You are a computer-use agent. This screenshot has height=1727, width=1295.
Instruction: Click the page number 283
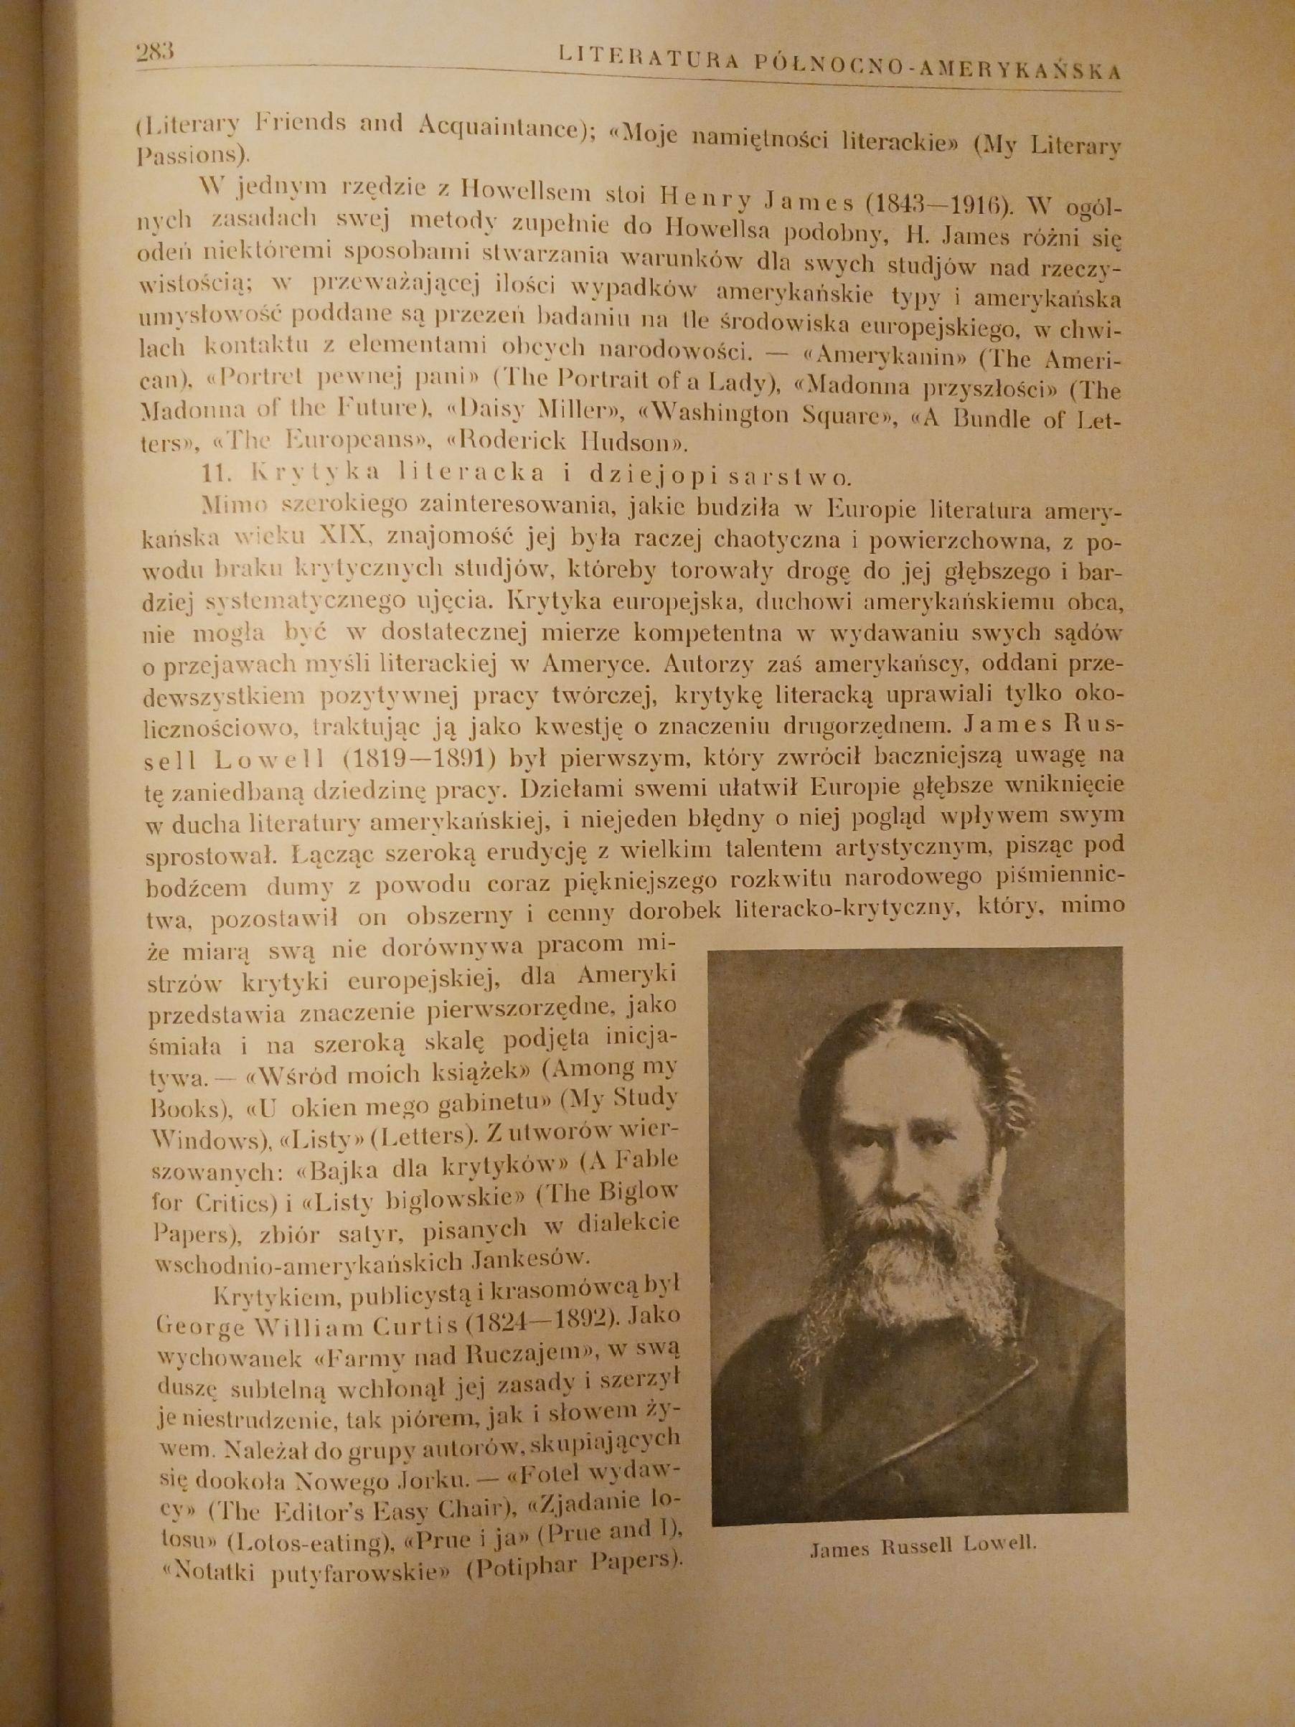point(154,53)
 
